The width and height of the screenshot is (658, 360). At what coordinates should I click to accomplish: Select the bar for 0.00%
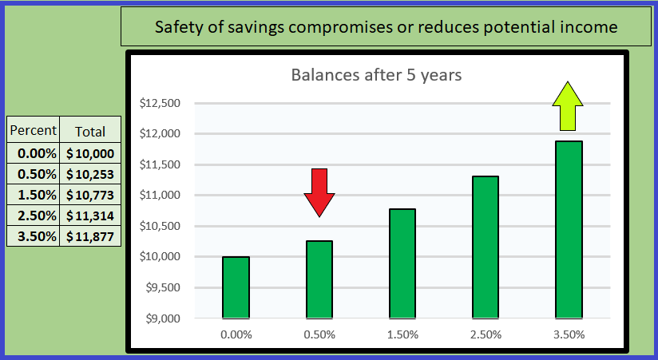[236, 287]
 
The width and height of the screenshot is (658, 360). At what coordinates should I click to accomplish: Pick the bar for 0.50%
[319, 279]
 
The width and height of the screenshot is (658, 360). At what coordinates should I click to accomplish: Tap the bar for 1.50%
[402, 263]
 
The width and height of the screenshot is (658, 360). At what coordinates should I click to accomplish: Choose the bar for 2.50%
[486, 247]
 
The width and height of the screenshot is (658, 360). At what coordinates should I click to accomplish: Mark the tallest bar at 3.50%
[569, 230]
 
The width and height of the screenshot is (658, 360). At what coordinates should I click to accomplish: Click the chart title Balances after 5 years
[377, 77]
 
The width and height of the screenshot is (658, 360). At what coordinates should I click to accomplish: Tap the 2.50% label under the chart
[486, 334]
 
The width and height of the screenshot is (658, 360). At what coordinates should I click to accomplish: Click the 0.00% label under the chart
[236, 334]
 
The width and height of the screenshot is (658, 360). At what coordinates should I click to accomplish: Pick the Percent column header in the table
[34, 131]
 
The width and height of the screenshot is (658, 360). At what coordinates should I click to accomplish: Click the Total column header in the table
[90, 132]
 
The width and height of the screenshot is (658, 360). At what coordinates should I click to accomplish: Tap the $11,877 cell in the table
[91, 236]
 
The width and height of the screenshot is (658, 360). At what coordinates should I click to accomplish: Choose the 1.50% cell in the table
[34, 195]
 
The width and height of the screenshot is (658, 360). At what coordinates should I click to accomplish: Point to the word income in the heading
[591, 27]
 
